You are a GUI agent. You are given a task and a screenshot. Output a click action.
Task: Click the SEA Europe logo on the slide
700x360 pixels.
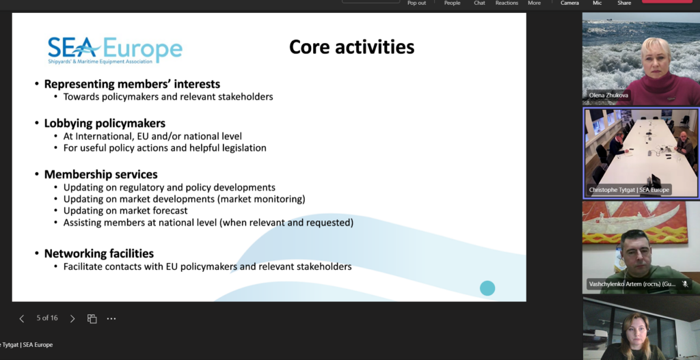(115, 50)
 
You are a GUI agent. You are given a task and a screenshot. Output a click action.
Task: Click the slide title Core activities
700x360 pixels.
(352, 47)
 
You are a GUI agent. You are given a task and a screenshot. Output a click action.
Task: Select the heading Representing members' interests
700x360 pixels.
(132, 84)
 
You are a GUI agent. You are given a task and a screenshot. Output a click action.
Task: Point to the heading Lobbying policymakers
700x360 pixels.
(105, 123)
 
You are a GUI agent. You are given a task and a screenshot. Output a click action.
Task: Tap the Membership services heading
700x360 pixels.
(101, 174)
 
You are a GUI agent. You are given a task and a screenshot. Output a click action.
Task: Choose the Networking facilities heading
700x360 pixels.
(99, 253)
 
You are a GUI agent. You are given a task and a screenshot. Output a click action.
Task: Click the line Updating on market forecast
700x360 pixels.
(126, 210)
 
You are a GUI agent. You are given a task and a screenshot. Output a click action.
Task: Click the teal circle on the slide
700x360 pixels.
(487, 288)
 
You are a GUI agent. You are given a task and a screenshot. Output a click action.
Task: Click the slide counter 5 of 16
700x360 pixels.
(47, 318)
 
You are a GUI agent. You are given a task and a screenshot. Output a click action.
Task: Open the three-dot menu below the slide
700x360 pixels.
(111, 318)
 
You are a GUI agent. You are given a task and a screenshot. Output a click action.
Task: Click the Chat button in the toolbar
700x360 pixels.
(479, 3)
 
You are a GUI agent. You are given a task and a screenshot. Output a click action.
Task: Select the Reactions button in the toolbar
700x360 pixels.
(507, 3)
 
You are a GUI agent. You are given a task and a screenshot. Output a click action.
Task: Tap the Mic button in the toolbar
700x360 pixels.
(597, 3)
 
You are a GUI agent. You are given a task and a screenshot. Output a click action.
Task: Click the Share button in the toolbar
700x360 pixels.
(624, 3)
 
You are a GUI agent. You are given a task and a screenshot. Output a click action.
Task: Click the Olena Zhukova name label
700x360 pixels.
(608, 95)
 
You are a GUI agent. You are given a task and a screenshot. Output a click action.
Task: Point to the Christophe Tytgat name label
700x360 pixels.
(629, 190)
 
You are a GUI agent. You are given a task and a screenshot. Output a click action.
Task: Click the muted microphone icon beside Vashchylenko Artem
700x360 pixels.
(685, 283)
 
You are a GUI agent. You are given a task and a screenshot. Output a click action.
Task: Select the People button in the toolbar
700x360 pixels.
(453, 3)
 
